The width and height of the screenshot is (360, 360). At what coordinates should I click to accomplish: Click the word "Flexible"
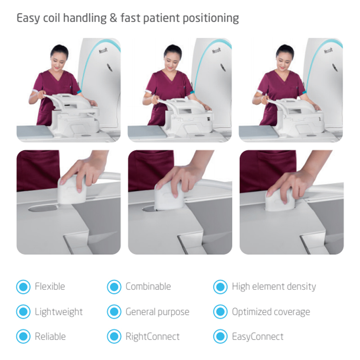tap(50, 287)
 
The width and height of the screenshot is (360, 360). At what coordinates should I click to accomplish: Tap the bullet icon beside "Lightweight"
tap(23, 311)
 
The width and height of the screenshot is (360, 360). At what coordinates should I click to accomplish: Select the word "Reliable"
tap(50, 336)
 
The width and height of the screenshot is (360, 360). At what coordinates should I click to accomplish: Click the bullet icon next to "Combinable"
tap(114, 287)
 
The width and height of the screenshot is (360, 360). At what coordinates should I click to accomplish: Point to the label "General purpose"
tap(157, 312)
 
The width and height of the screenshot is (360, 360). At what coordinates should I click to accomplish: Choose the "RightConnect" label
tap(153, 337)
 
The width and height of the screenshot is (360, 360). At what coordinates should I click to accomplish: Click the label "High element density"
tap(274, 287)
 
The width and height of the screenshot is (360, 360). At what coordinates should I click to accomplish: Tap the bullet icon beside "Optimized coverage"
tap(220, 311)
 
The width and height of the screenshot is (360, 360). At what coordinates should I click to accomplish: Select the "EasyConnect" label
tap(258, 337)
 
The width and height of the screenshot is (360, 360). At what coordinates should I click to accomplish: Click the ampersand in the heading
tap(113, 18)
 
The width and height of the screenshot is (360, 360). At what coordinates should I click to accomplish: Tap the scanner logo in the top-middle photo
tap(216, 50)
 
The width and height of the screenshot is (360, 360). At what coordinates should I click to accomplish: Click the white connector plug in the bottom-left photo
tap(72, 189)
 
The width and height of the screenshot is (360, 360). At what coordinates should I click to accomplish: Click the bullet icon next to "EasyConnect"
tap(220, 336)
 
